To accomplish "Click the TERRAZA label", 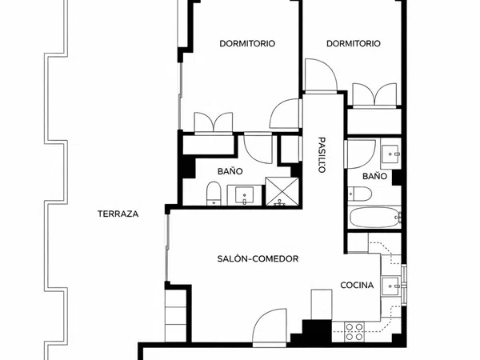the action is click(x=118, y=214).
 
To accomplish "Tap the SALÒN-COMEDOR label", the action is click(x=258, y=258).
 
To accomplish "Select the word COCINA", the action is click(x=357, y=286).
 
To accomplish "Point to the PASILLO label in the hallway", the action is click(x=322, y=155).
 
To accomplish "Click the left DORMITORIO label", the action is click(x=247, y=43).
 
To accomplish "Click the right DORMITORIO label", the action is click(x=354, y=43).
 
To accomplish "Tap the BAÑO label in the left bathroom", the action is click(x=230, y=171).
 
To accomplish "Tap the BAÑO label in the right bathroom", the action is click(x=374, y=176).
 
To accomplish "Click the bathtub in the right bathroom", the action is click(x=374, y=218).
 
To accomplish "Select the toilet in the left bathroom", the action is click(x=214, y=194).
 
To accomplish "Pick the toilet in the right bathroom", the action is click(x=360, y=194).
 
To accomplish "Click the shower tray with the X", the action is click(x=282, y=191).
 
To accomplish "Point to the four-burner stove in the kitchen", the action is click(x=354, y=332).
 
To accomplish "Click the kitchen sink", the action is click(x=390, y=286).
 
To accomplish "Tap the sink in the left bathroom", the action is click(x=244, y=195).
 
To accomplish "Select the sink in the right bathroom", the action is click(x=390, y=154).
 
